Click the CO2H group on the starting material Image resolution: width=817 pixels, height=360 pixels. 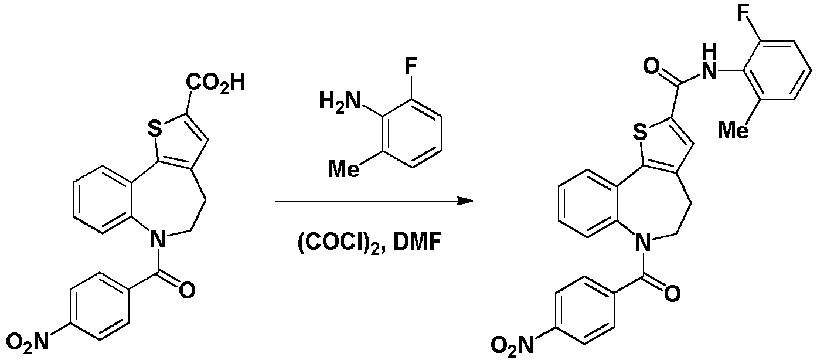click(x=215, y=83)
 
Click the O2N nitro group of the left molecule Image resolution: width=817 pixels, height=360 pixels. click(x=28, y=342)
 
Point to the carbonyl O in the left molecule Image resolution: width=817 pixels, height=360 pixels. click(x=188, y=291)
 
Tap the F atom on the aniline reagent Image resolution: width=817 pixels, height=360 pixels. click(x=410, y=67)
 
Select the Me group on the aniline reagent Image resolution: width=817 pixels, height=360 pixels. click(x=344, y=169)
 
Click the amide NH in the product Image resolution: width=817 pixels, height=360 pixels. click(x=709, y=66)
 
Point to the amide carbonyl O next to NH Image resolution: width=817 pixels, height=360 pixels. click(x=652, y=66)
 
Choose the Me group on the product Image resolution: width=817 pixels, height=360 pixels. click(x=734, y=130)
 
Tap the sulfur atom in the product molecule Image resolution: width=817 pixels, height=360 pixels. click(x=641, y=132)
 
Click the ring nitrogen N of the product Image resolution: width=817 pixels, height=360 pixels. click(x=643, y=243)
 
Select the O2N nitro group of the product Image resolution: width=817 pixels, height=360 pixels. click(x=512, y=344)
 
